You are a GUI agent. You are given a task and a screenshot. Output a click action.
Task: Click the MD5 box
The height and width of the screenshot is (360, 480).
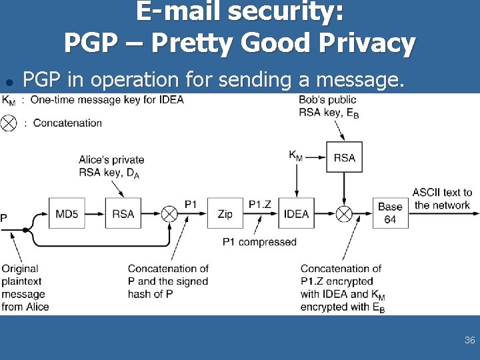66,213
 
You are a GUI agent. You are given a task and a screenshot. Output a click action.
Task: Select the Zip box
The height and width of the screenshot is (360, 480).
225,213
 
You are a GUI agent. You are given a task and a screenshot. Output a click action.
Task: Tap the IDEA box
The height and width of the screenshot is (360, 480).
296,213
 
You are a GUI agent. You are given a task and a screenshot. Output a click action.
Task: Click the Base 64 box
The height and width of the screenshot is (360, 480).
390,213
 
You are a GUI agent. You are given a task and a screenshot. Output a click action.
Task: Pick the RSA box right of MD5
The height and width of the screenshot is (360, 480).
123,213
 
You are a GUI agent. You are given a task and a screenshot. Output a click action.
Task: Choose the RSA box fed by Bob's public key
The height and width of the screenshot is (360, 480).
344,157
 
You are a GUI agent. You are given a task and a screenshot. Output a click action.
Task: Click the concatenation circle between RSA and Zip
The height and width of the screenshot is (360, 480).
169,213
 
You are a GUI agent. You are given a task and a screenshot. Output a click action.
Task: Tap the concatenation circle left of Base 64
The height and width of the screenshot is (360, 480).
344,213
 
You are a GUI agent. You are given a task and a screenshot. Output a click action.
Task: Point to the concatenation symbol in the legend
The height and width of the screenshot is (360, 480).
9,123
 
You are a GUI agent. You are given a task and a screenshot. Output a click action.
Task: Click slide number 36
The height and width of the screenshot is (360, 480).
469,340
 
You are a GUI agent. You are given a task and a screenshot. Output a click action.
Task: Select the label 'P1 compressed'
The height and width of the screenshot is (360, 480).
259,241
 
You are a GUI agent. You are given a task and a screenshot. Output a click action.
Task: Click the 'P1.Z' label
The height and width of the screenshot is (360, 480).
260,204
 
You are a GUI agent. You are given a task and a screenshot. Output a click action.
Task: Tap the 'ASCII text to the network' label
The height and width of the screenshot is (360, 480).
442,199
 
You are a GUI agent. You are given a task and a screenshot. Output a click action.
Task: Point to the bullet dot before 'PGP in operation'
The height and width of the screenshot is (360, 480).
9,82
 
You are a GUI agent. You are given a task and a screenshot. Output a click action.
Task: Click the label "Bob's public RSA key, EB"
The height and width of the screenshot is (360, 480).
329,107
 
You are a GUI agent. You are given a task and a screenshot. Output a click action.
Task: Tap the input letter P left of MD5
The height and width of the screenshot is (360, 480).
4,217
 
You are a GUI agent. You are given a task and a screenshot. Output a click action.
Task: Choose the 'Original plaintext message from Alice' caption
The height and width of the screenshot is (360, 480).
24,287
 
